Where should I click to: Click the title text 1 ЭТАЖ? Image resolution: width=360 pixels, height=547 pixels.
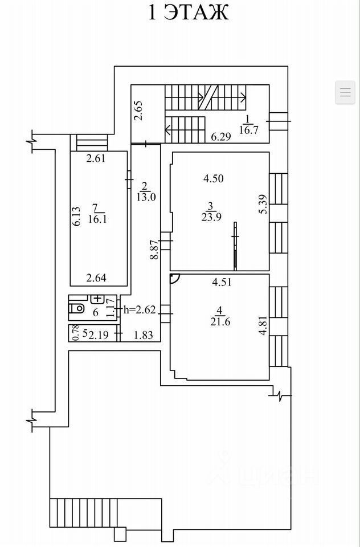(189, 13)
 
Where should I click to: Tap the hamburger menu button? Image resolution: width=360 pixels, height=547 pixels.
(345, 92)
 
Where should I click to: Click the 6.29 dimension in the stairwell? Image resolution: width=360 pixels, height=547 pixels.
(221, 136)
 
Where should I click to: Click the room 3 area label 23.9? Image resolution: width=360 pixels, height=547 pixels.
(212, 217)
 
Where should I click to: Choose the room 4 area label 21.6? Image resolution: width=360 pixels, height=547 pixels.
(219, 321)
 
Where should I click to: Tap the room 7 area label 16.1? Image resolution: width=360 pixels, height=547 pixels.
(99, 219)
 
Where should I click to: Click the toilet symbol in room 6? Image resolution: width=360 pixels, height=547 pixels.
(77, 308)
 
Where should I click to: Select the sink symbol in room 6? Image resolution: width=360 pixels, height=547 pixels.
(97, 299)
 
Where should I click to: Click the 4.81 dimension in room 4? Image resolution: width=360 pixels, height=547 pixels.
(264, 325)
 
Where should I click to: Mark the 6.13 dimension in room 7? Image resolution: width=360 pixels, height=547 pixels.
(77, 217)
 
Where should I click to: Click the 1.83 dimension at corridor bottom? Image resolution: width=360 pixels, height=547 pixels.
(143, 335)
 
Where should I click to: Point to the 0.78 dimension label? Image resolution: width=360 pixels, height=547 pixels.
(74, 333)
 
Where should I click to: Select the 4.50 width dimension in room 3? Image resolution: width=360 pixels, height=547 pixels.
(214, 178)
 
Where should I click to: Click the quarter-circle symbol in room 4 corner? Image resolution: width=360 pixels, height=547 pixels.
(174, 278)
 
